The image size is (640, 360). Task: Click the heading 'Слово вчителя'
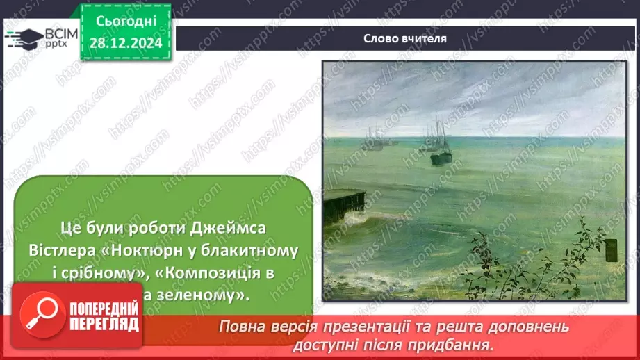tap(404, 38)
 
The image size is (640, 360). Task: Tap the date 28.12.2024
tap(126, 44)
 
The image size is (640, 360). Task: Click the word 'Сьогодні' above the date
tap(126, 24)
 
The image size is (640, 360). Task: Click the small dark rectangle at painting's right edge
tap(611, 249)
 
